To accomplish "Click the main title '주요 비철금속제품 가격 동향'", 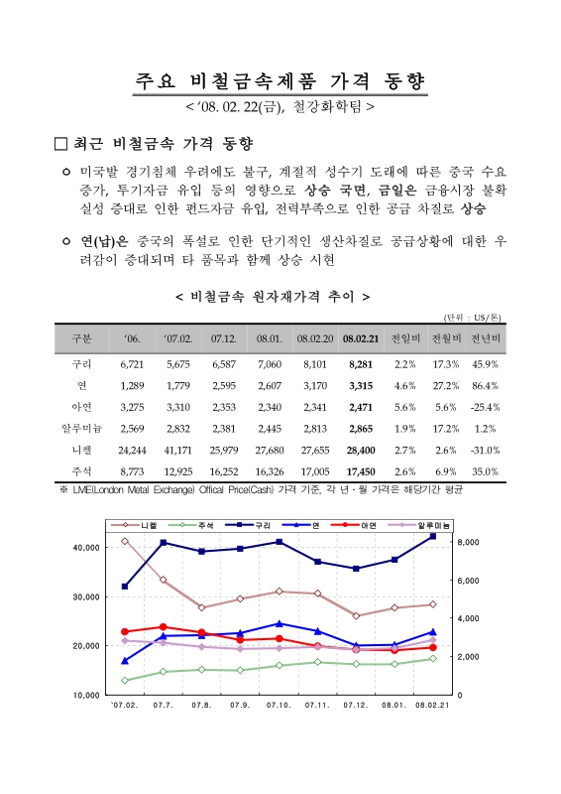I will click(x=281, y=80).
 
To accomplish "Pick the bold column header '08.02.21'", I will click(x=360, y=338).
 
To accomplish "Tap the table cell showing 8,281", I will click(x=360, y=364).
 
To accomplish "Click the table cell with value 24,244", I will click(x=132, y=449).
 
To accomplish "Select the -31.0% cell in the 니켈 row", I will click(x=485, y=449).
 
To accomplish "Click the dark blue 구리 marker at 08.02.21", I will click(x=432, y=536).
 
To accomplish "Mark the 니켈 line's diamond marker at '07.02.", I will click(x=125, y=541).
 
